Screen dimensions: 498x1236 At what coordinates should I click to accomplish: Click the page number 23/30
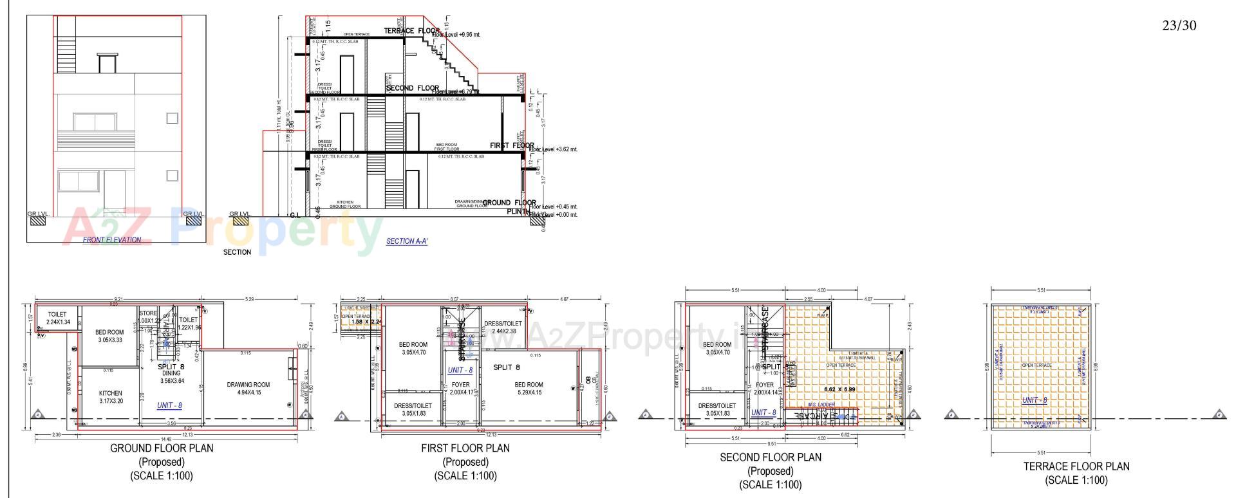1179,26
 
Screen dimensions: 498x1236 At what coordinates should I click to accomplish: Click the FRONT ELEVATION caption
112,240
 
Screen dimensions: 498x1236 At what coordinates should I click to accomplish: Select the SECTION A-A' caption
407,241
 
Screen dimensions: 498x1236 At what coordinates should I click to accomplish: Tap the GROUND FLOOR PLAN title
162,448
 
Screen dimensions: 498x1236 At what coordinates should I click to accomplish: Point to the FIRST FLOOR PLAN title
465,448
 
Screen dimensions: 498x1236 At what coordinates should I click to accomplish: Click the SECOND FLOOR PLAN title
771,457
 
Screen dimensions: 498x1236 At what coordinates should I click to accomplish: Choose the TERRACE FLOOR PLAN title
1076,466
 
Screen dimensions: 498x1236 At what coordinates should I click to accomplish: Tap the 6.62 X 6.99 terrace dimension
840,390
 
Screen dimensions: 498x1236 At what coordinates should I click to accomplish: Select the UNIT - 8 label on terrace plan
1035,400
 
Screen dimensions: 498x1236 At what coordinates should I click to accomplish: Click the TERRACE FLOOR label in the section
411,31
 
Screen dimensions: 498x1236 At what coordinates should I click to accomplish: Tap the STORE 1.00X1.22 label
148,317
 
